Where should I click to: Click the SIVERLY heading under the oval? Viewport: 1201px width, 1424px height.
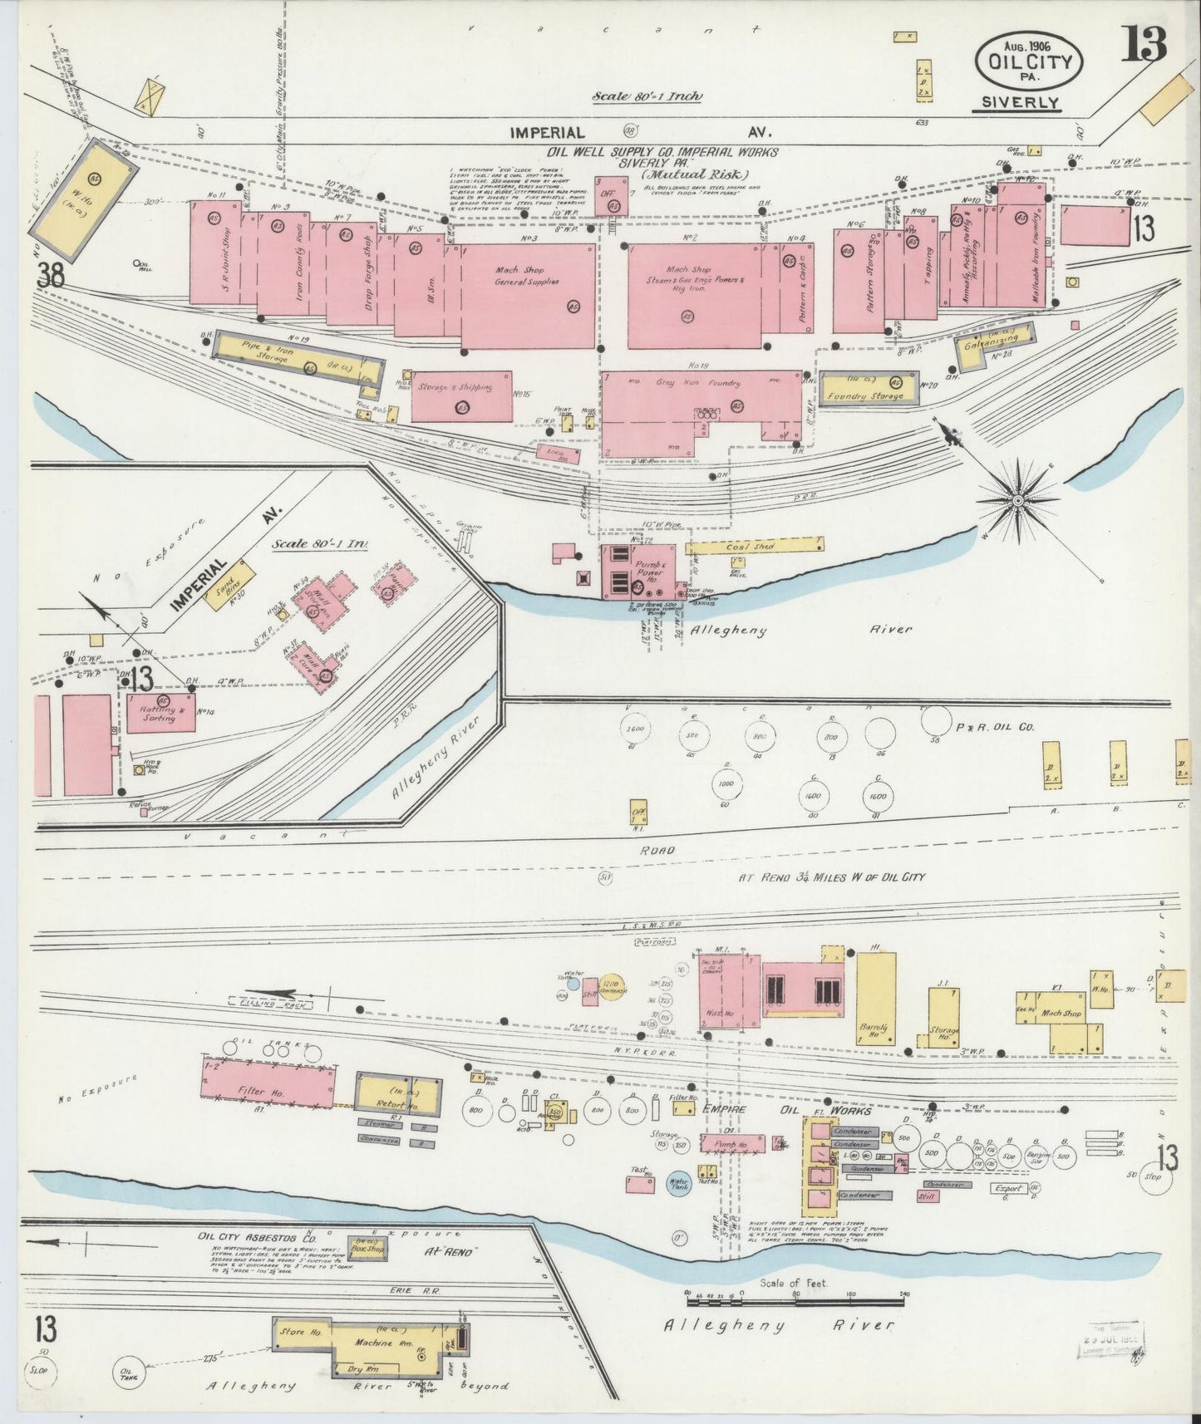point(1019,102)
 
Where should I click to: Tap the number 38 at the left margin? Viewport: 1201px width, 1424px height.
point(50,277)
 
